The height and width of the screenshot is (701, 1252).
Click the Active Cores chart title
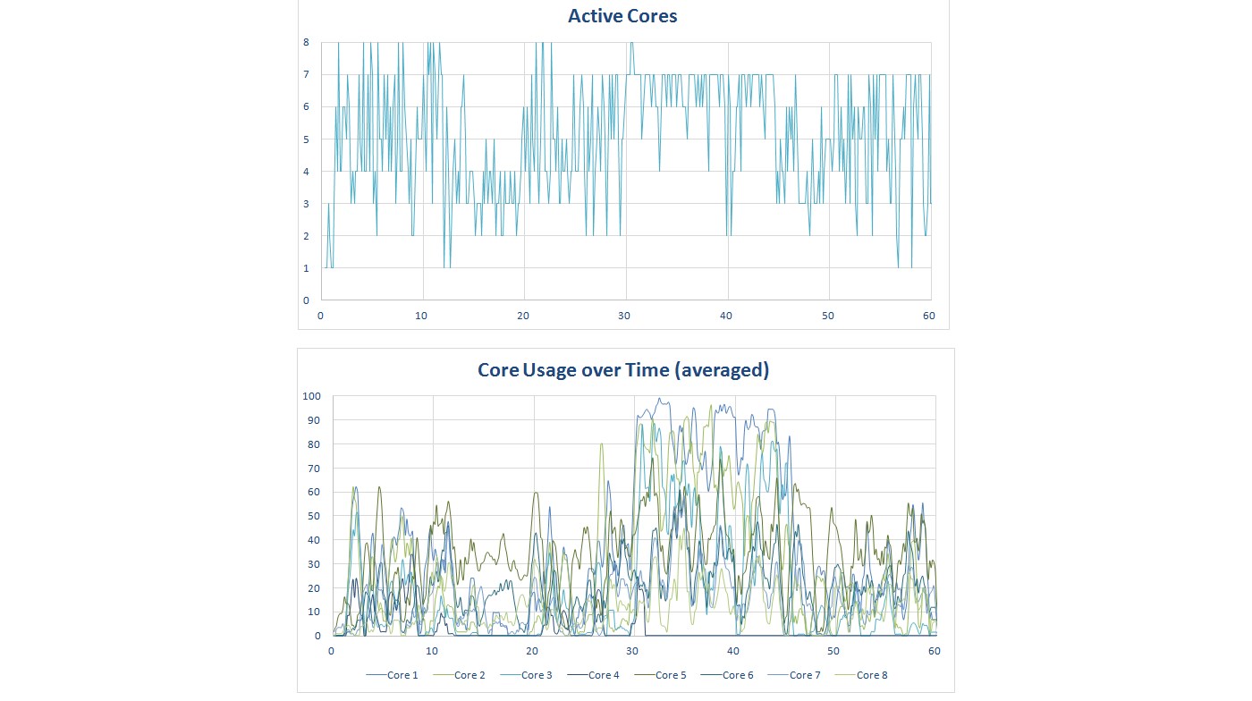click(x=622, y=15)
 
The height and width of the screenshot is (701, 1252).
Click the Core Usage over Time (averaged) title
click(x=623, y=369)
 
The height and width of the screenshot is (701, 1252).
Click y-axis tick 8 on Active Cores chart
click(x=306, y=42)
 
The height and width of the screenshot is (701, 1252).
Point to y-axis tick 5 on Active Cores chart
click(x=306, y=139)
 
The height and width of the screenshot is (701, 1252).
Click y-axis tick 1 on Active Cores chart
click(x=306, y=268)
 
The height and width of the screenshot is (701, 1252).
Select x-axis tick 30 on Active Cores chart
click(x=626, y=316)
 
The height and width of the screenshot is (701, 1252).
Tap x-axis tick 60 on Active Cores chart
click(x=930, y=316)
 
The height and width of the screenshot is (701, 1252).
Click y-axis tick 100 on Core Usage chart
click(x=311, y=396)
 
